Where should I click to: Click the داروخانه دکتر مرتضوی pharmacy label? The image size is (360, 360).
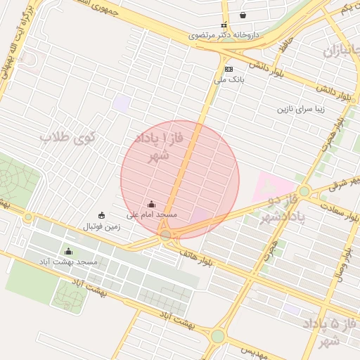tap(224, 34)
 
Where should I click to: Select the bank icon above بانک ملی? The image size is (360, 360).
tap(229, 69)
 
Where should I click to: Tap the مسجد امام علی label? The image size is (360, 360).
tap(152, 214)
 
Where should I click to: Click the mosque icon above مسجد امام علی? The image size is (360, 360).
tap(152, 204)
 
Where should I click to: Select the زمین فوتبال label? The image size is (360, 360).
tap(102, 226)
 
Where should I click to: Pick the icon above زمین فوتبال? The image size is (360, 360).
tap(102, 216)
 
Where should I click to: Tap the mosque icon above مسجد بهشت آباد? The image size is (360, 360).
tap(68, 251)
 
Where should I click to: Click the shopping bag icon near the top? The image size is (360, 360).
tap(243, 15)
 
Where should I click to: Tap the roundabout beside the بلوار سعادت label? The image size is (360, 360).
tap(304, 191)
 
